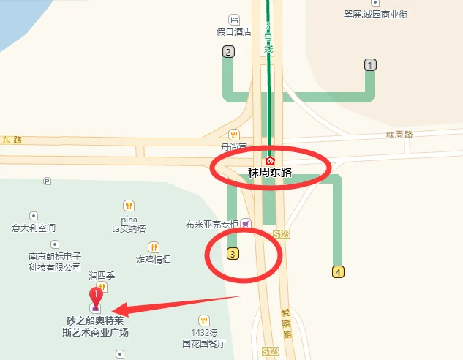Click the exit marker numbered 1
370,65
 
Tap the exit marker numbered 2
228,51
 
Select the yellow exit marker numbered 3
233,254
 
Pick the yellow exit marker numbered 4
337,272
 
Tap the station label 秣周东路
270,173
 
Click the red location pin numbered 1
95,297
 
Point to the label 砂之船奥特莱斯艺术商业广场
97,326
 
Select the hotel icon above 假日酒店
234,19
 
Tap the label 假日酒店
234,31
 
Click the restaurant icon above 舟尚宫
234,134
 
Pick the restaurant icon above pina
129,206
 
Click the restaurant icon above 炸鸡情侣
154,247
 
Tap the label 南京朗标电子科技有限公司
55,262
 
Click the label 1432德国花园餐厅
204,337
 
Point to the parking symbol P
48,180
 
